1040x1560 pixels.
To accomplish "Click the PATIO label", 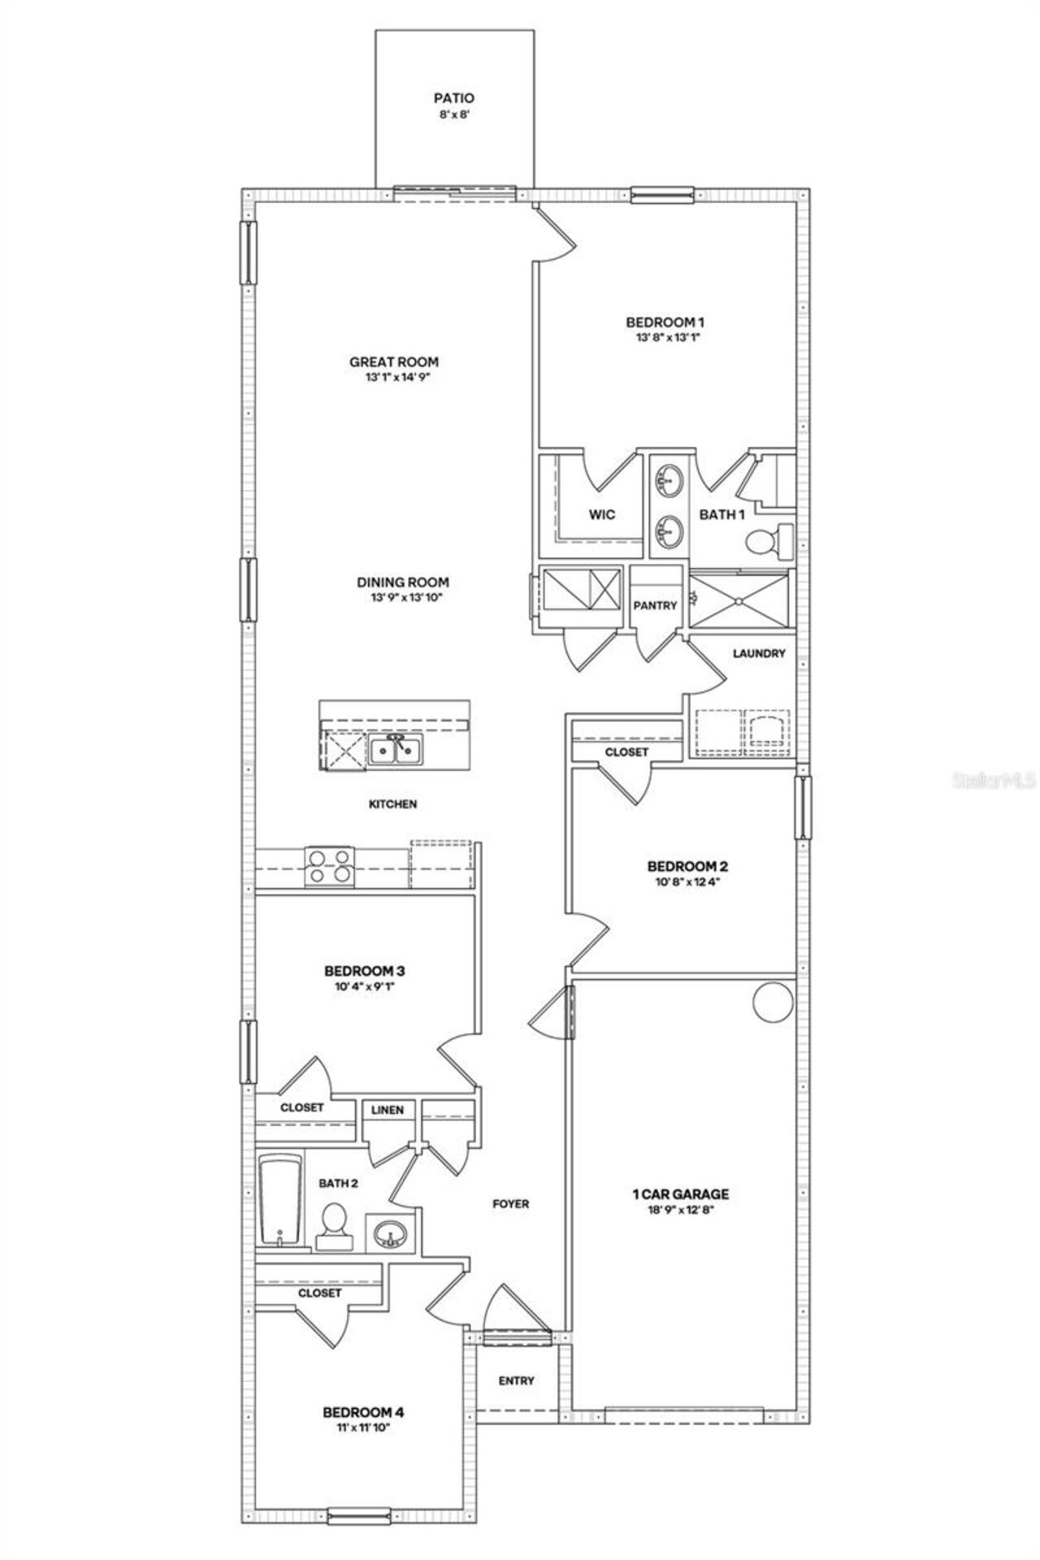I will click(453, 99).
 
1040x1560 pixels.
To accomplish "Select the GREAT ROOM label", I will click(394, 362).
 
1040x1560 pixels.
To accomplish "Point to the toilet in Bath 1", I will click(768, 542).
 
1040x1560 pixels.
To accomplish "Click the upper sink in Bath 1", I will click(669, 480).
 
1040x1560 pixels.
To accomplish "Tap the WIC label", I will click(601, 514).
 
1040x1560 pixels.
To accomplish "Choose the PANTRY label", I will click(655, 605).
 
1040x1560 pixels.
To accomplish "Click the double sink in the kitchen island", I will click(395, 750).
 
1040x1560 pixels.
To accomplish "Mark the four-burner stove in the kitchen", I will click(330, 865).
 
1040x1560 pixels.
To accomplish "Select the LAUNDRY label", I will click(759, 653).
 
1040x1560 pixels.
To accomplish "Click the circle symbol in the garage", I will click(772, 1003).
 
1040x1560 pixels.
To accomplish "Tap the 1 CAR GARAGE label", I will click(680, 1194).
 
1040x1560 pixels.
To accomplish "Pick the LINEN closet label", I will click(388, 1110).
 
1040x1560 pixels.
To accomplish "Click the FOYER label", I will click(510, 1203).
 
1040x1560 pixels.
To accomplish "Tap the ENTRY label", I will click(517, 1380).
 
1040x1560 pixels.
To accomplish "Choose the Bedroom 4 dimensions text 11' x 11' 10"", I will click(362, 1428).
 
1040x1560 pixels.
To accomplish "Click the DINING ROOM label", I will click(403, 582).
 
